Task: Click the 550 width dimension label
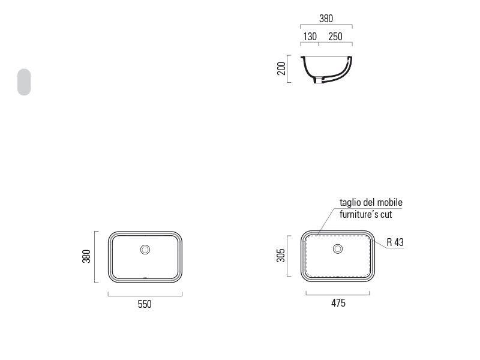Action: tap(145, 304)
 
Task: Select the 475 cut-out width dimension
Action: tap(338, 303)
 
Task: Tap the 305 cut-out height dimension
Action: tap(281, 256)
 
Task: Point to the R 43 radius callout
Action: tap(395, 242)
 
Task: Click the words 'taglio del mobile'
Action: tap(371, 202)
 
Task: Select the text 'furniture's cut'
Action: tap(366, 214)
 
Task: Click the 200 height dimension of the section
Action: tap(281, 68)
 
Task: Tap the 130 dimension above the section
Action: tap(310, 37)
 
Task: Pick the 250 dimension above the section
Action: tap(335, 37)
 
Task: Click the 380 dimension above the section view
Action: tap(326, 19)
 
